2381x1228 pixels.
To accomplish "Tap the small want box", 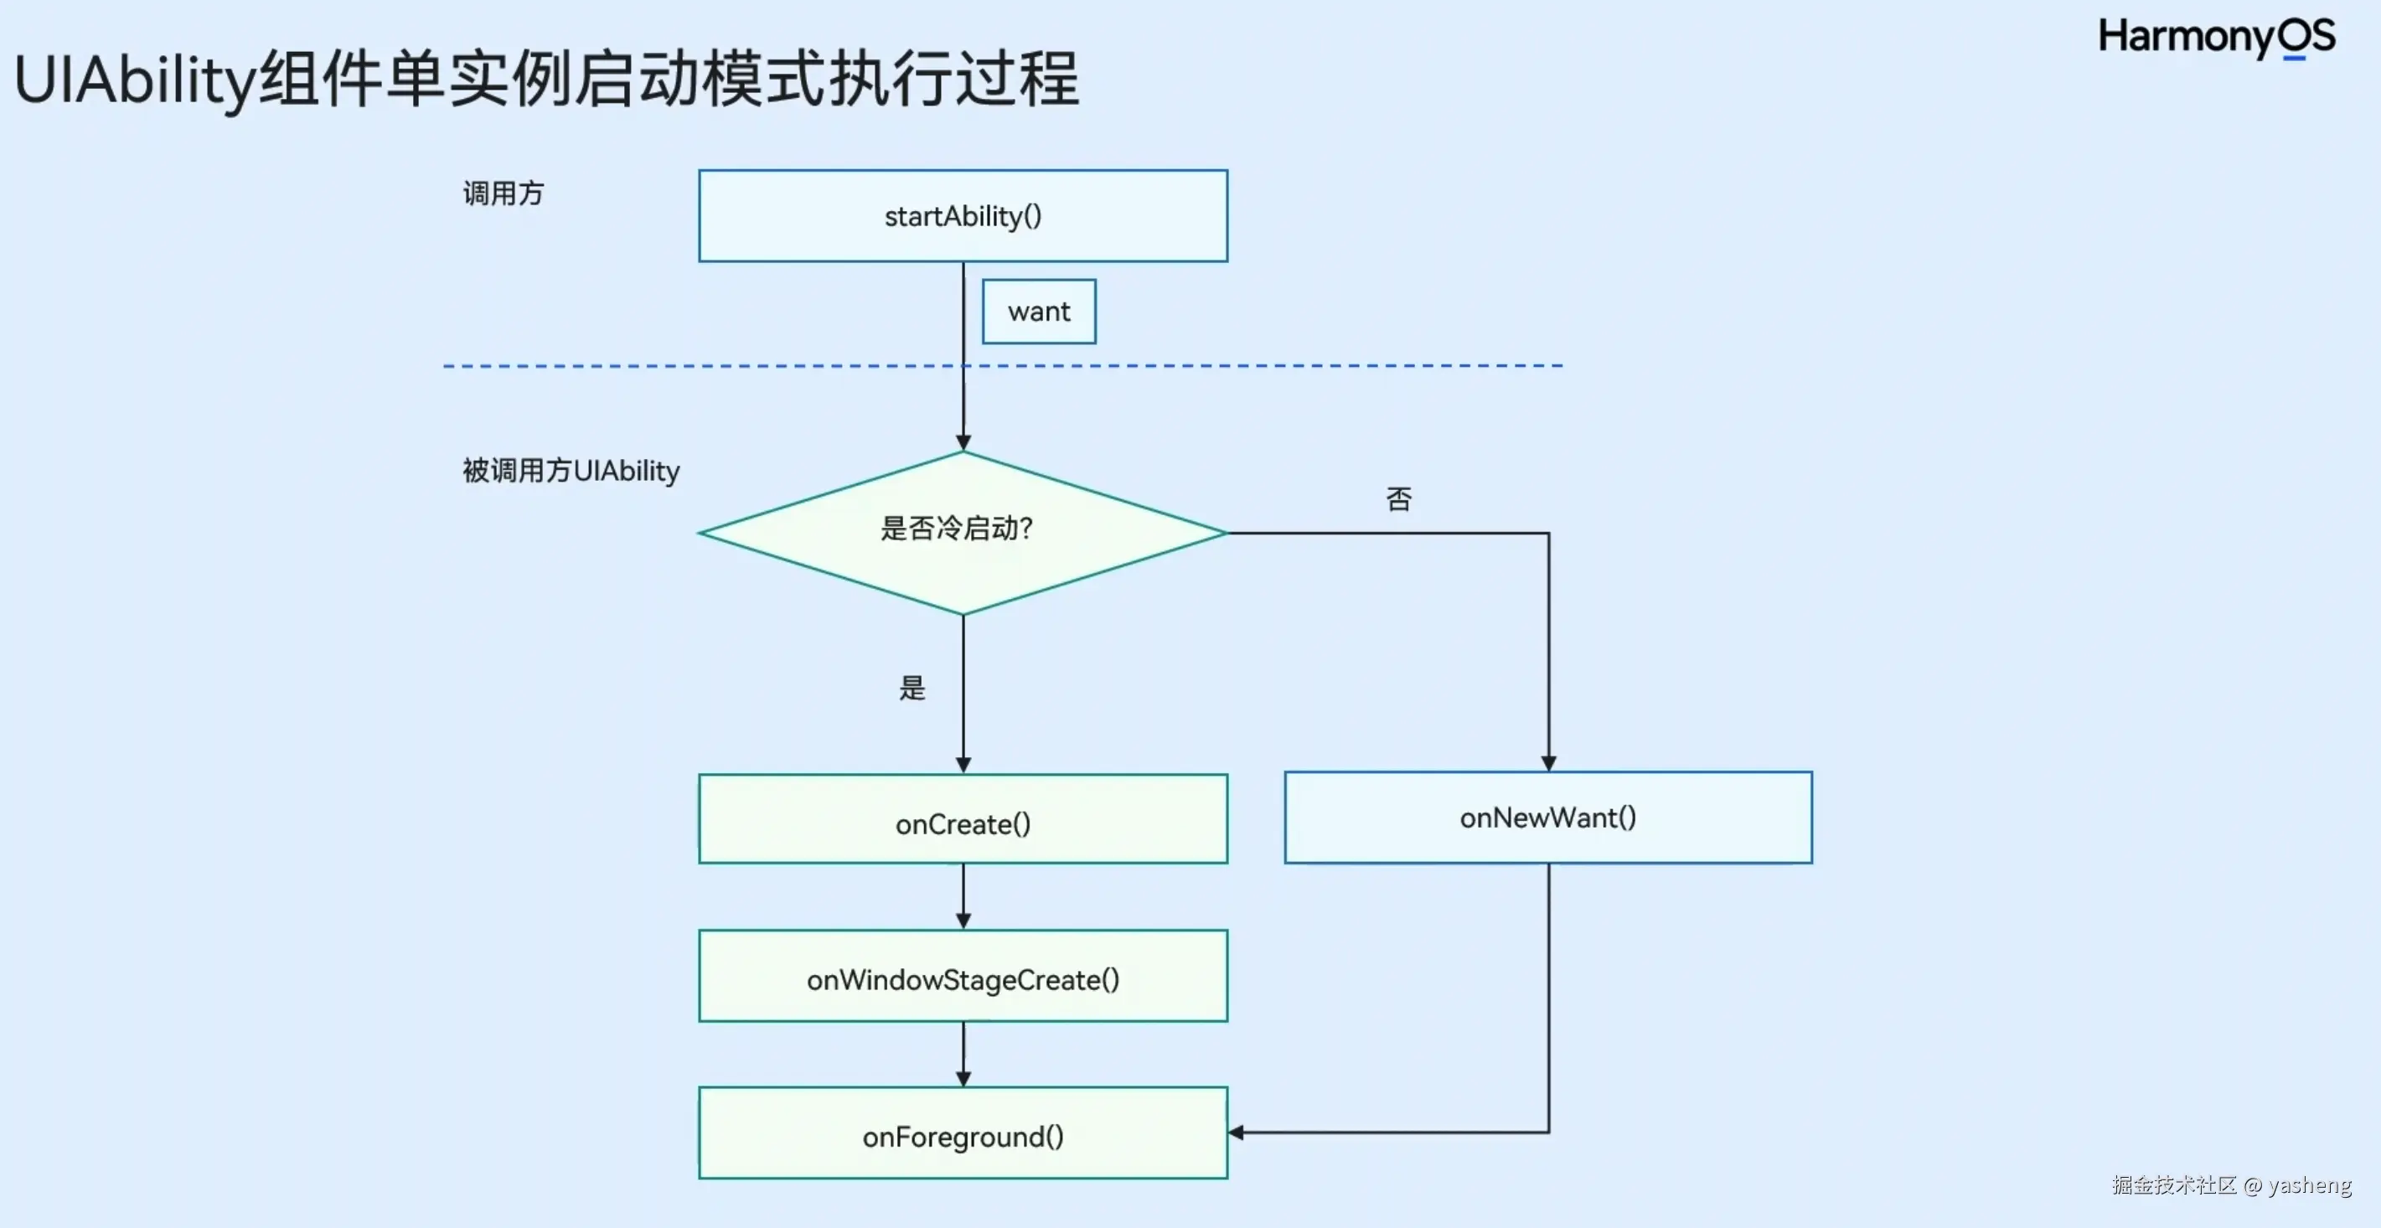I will [1039, 312].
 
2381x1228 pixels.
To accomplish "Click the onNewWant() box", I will [1548, 818].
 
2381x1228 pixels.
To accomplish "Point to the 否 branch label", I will [1398, 500].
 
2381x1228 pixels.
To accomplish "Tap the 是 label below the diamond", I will [912, 689].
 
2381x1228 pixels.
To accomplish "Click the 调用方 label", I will [504, 194].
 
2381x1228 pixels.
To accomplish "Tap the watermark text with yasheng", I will [2231, 1185].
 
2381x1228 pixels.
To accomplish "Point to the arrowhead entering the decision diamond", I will [963, 442].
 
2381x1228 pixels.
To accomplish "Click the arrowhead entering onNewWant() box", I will [1548, 763].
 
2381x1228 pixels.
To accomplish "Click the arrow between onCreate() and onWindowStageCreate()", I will [963, 896].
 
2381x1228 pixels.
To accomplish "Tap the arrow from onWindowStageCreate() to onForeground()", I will [963, 1055].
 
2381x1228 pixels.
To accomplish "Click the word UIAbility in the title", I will [134, 81].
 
